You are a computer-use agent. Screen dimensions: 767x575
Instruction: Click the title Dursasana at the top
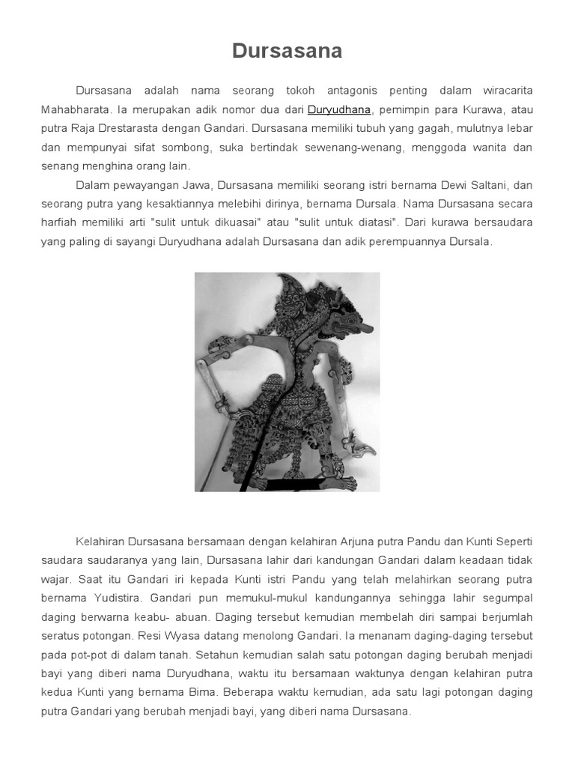click(x=287, y=51)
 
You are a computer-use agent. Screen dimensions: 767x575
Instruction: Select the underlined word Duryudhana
click(x=339, y=109)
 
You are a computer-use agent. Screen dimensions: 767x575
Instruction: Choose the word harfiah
click(x=58, y=222)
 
